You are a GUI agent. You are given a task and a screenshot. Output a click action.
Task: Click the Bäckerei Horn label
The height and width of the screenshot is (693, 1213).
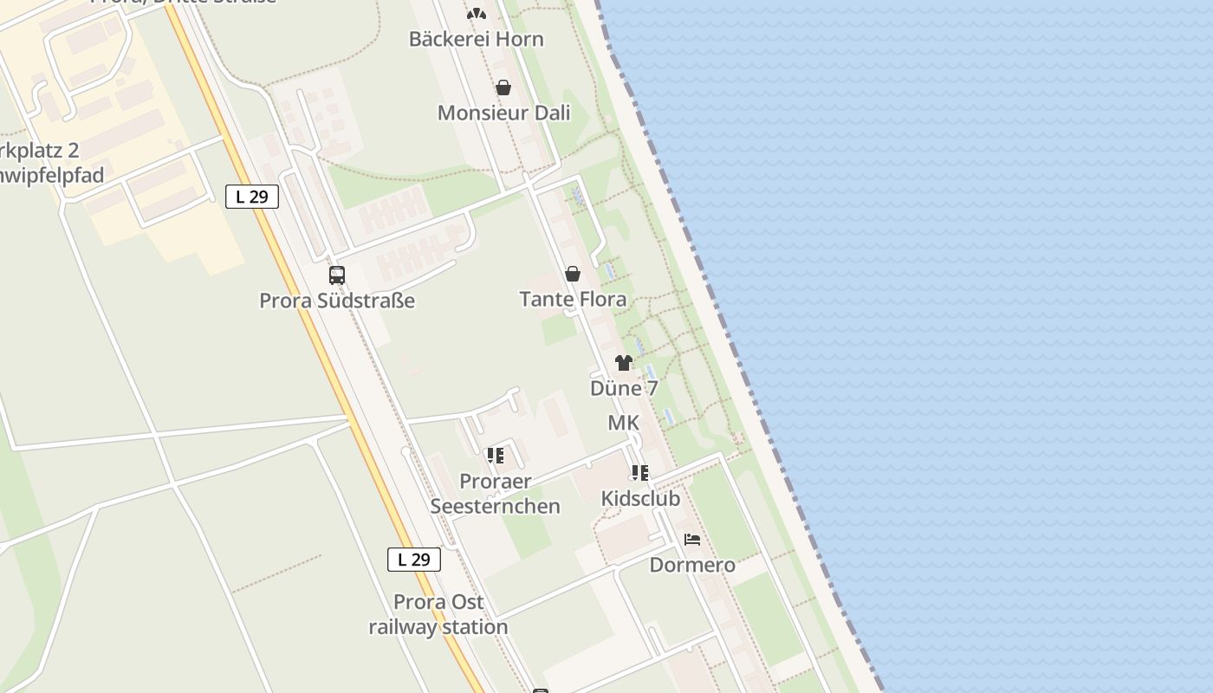click(x=476, y=39)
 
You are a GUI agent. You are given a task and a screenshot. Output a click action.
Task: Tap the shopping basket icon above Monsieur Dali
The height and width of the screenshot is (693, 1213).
click(x=503, y=87)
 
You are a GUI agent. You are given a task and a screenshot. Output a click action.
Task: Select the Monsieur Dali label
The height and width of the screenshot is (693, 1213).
click(x=503, y=113)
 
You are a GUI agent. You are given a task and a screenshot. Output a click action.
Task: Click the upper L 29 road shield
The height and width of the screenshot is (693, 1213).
click(x=252, y=197)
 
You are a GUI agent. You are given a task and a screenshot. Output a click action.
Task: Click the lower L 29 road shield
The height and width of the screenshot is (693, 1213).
click(x=413, y=560)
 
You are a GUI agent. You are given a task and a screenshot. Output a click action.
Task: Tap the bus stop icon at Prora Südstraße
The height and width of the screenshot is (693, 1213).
click(x=337, y=275)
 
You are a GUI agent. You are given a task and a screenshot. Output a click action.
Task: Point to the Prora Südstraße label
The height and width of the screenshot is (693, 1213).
click(x=337, y=301)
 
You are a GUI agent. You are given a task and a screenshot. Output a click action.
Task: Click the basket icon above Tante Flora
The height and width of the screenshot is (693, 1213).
click(x=573, y=274)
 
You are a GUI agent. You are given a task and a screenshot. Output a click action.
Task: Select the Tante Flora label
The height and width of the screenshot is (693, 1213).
click(x=573, y=300)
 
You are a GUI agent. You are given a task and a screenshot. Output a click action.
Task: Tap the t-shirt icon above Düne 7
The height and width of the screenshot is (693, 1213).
click(x=624, y=363)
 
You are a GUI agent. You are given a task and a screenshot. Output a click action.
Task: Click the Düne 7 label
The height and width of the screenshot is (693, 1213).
click(x=624, y=388)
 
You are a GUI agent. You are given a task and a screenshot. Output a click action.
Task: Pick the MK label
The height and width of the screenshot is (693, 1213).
click(x=624, y=423)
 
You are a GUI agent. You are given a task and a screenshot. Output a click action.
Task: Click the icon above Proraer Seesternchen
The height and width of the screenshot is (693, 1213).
click(x=496, y=455)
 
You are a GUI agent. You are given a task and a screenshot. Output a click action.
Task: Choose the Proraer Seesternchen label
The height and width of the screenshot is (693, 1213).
click(x=496, y=493)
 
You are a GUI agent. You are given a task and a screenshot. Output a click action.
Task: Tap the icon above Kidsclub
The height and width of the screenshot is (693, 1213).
click(x=640, y=473)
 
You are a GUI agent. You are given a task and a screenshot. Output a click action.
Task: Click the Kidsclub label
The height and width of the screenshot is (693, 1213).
click(x=640, y=499)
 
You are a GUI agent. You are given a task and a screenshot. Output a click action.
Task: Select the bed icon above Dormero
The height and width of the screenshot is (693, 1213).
click(x=692, y=539)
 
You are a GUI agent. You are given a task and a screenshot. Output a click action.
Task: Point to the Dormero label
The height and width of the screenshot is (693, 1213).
click(x=692, y=565)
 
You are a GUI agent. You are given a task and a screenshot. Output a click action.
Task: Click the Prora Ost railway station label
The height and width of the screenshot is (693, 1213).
click(x=438, y=614)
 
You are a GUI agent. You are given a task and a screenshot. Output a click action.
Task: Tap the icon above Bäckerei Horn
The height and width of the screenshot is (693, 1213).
click(x=477, y=14)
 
